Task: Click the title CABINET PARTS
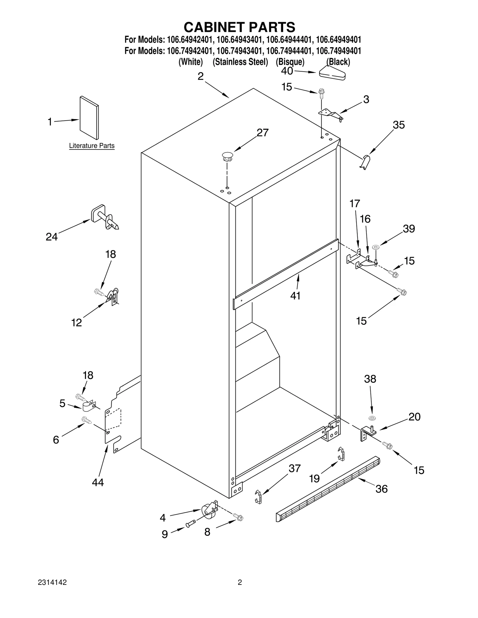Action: (239, 27)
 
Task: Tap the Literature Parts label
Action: (92, 146)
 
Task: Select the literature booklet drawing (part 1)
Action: (89, 118)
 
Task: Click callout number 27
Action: (263, 133)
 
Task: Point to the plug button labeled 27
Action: (227, 156)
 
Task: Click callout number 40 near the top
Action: (287, 71)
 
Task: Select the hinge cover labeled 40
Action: (332, 73)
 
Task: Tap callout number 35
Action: (399, 125)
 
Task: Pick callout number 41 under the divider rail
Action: (295, 295)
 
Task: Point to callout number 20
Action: (414, 417)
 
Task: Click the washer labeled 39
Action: (376, 247)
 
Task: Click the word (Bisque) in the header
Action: (290, 62)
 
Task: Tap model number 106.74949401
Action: (338, 51)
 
